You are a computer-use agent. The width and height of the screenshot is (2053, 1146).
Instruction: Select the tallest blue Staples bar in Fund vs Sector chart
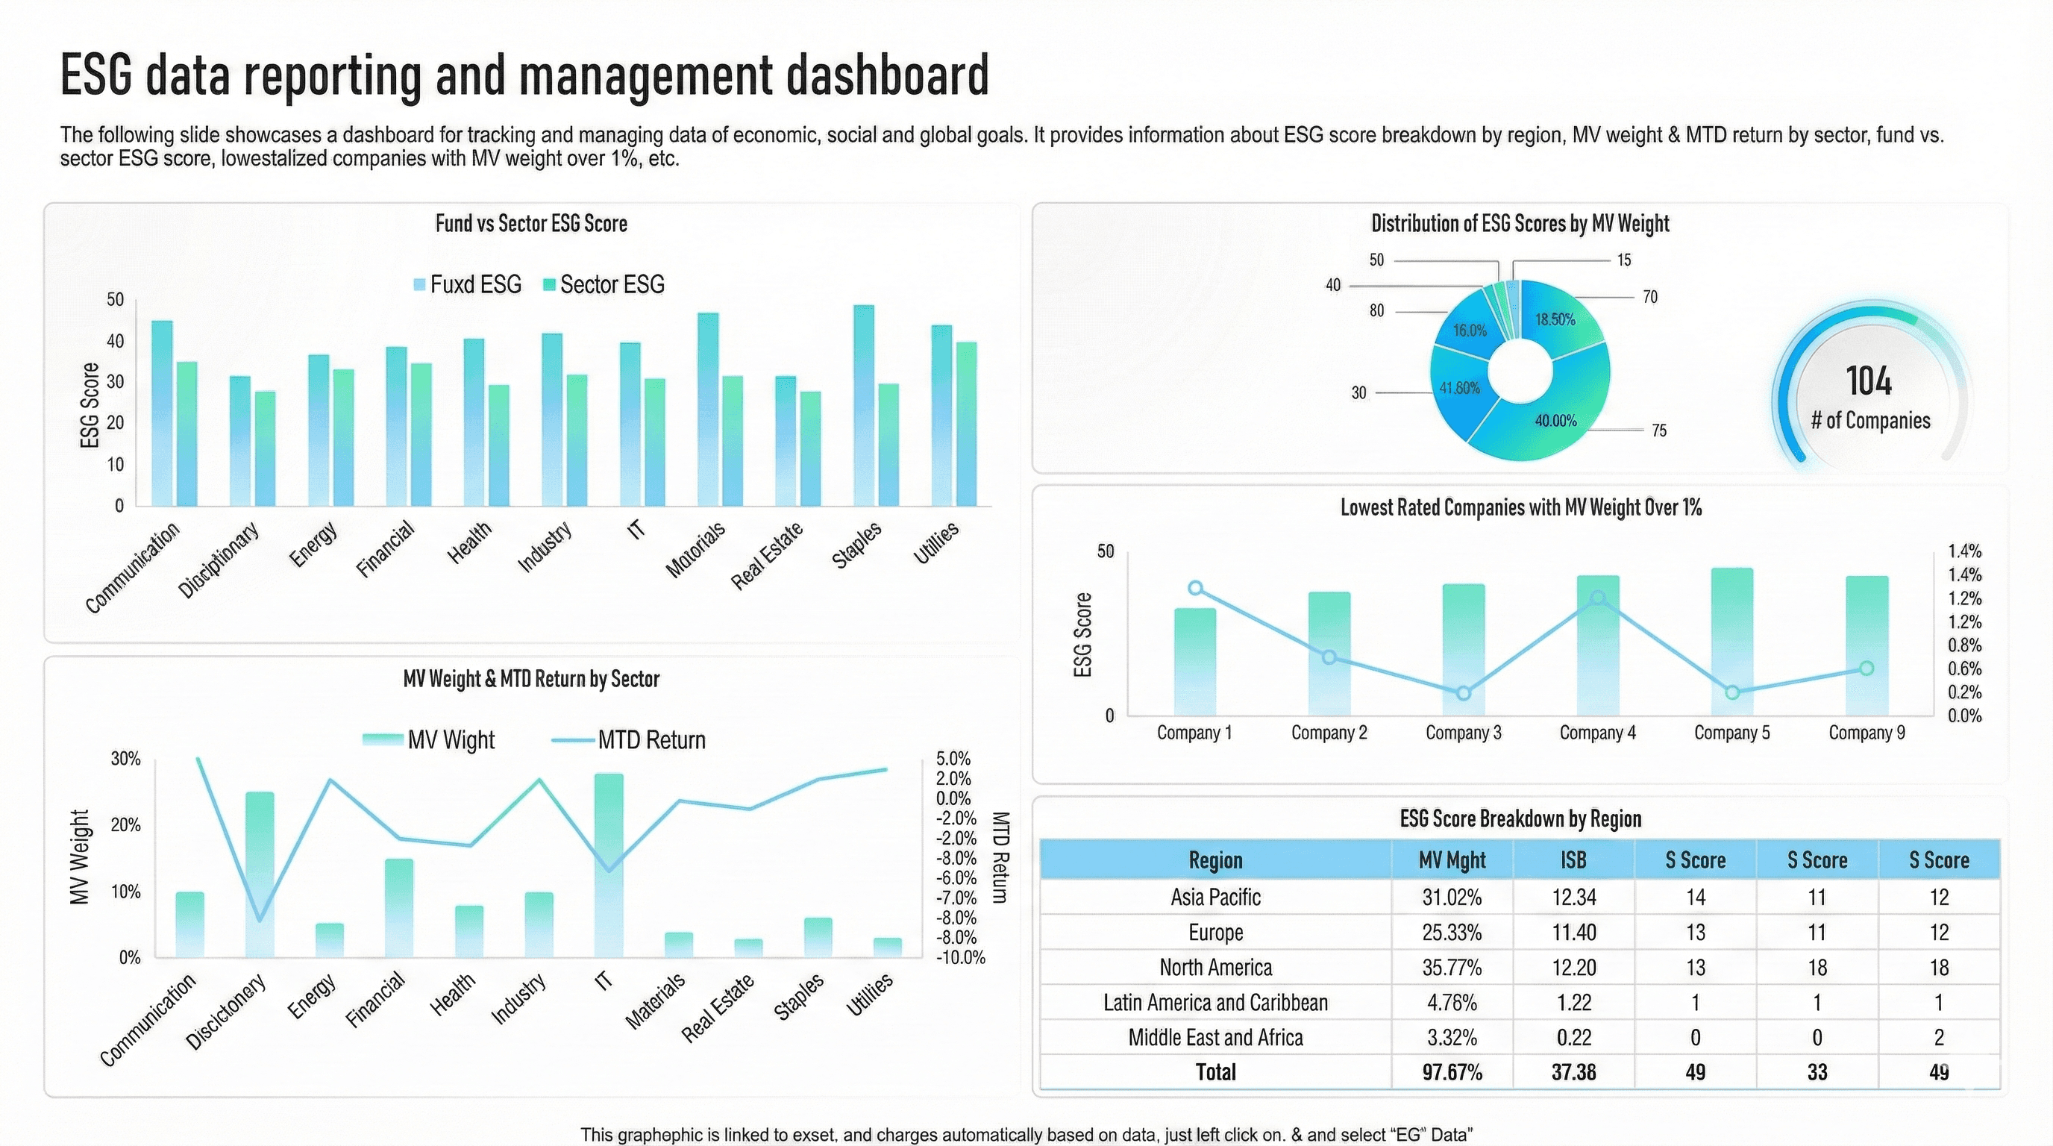(863, 407)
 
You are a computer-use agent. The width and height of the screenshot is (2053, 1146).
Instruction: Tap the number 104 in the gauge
(1869, 381)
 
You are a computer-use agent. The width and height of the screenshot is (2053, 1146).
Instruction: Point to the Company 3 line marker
(1463, 693)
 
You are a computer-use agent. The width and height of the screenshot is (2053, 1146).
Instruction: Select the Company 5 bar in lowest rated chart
(1731, 642)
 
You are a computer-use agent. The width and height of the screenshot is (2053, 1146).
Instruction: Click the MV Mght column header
(1452, 860)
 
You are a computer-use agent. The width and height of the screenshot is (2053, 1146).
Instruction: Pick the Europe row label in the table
(1215, 933)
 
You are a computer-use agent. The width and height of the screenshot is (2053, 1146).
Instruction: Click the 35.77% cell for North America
(1452, 968)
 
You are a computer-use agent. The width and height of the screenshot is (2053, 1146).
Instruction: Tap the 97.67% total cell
(1452, 1073)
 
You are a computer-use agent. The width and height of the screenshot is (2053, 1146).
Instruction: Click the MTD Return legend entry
(630, 740)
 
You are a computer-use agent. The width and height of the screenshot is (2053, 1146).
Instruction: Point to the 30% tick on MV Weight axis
(125, 759)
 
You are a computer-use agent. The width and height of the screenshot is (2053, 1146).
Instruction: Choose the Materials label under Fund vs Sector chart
(696, 550)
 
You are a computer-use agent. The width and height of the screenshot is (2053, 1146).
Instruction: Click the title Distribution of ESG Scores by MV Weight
(1520, 224)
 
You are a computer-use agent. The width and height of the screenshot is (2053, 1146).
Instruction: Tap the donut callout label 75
(1658, 431)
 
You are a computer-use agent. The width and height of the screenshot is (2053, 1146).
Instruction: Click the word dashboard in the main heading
(887, 75)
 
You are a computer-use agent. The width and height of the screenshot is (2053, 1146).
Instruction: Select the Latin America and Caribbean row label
(1215, 1003)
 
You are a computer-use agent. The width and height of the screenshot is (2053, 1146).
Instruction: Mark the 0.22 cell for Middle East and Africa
(1573, 1038)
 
